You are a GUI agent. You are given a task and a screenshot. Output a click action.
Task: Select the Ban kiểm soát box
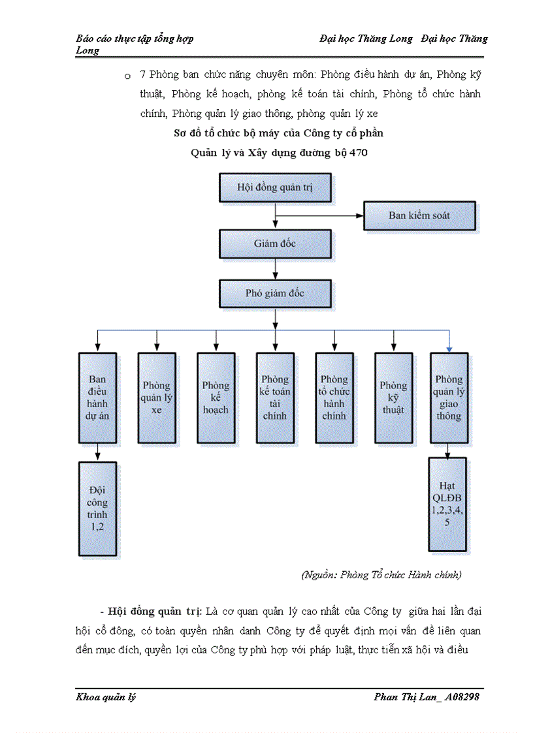[x=419, y=215]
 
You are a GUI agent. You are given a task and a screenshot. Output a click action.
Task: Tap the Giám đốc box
[x=275, y=243]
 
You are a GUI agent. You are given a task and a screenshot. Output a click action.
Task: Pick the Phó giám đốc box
[x=275, y=293]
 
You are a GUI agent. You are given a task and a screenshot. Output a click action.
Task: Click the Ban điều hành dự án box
[x=97, y=397]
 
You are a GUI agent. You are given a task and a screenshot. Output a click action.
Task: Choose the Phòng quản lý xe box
[x=156, y=397]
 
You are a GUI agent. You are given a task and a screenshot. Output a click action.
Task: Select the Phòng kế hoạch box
[x=216, y=397]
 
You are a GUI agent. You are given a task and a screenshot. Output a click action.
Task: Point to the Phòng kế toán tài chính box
[x=275, y=397]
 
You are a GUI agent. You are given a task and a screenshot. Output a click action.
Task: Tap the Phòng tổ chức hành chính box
[x=334, y=397]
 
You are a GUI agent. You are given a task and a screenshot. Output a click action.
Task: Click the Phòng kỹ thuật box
[x=393, y=397]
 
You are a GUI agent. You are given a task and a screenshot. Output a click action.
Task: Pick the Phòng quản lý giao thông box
[x=449, y=397]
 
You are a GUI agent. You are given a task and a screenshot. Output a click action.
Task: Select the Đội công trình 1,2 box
[x=97, y=508]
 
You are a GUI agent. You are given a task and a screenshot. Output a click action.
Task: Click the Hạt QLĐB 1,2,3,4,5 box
[x=447, y=505]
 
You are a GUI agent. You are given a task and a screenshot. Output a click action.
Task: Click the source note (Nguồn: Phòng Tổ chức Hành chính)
[x=381, y=575]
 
